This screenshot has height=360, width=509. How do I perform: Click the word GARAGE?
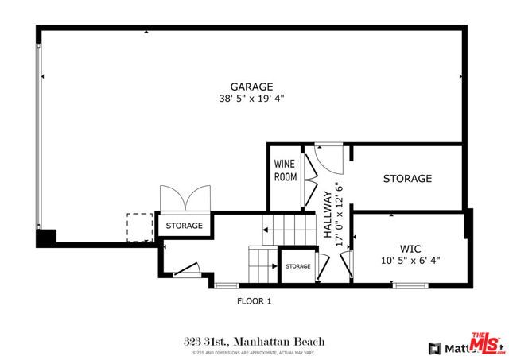(251, 87)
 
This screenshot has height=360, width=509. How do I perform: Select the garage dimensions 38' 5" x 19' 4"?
(251, 99)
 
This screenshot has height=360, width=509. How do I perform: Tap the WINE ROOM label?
(285, 170)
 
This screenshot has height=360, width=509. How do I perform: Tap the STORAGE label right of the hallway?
(407, 179)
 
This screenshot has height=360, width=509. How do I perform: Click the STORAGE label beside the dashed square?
(184, 226)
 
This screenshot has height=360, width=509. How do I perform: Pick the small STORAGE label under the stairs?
(297, 266)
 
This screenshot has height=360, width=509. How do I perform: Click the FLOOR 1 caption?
(254, 301)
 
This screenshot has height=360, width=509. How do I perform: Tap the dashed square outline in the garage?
(139, 226)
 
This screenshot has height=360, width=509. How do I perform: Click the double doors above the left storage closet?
(173, 199)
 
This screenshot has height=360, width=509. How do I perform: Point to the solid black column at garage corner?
(45, 236)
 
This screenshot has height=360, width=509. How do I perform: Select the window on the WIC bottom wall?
(410, 285)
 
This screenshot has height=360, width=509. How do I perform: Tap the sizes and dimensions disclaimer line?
(254, 351)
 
